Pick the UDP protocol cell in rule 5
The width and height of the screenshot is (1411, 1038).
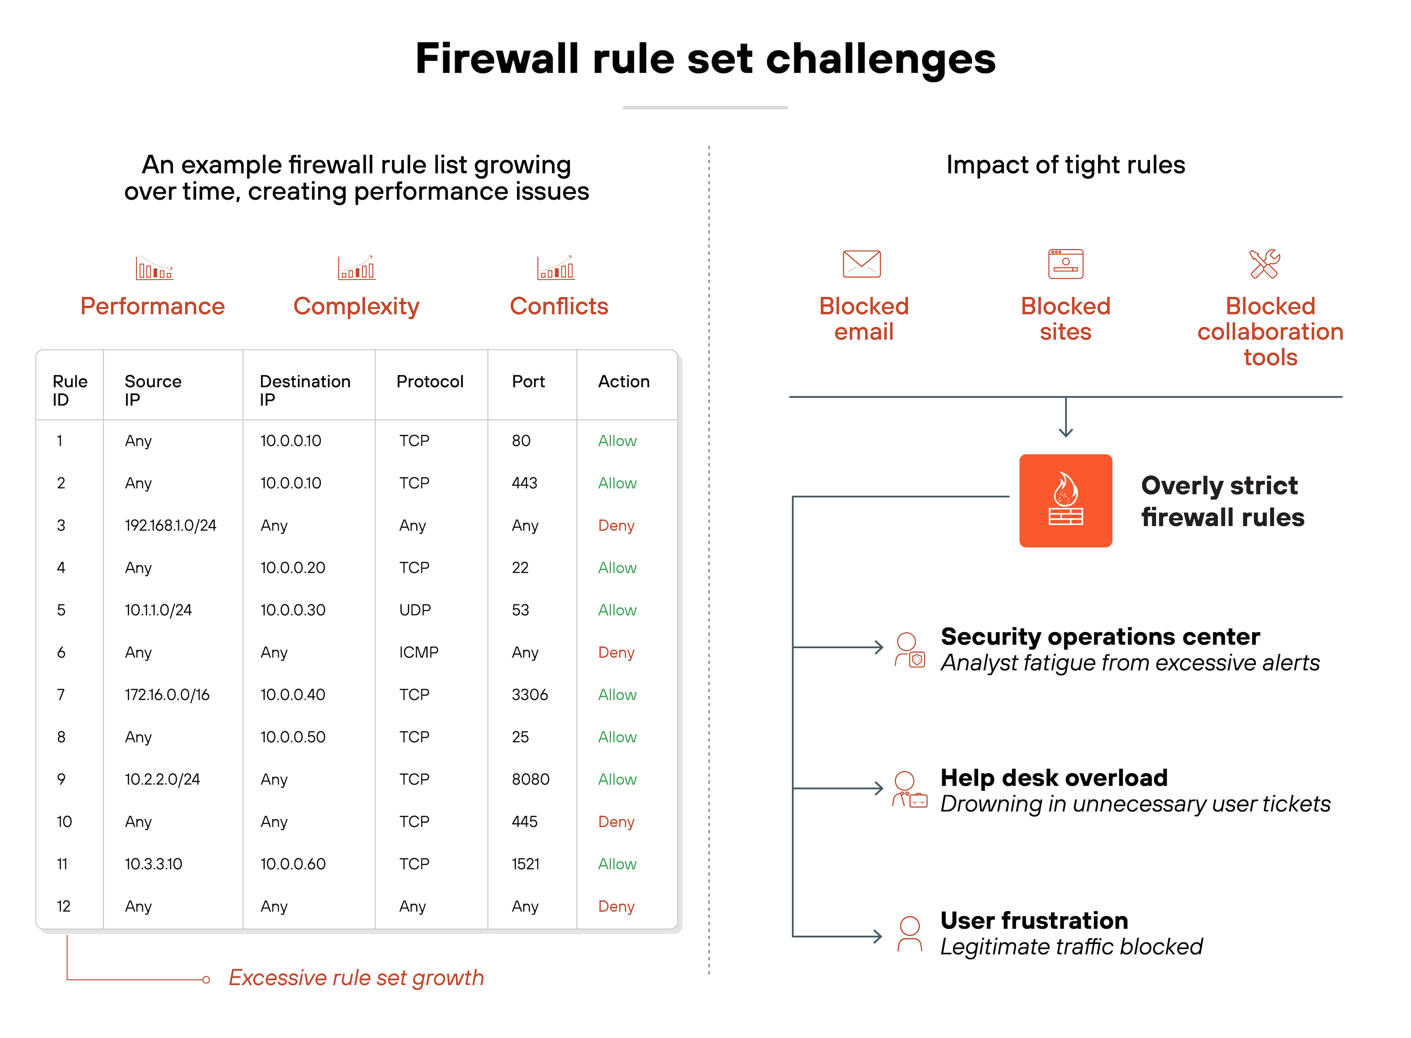415,610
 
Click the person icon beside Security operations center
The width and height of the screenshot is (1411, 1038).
909,650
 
